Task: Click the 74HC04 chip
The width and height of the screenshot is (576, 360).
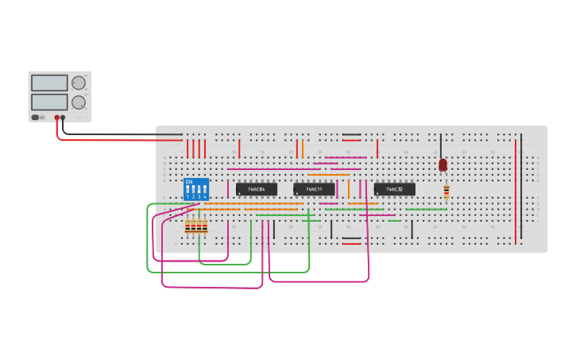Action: (257, 189)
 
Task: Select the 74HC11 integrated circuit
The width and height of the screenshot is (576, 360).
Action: (314, 189)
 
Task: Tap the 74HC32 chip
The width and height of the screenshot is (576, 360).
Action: (394, 189)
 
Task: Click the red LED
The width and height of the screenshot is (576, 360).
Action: (443, 165)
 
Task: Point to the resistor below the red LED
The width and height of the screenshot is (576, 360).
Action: (446, 192)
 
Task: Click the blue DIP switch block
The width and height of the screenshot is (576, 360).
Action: (196, 189)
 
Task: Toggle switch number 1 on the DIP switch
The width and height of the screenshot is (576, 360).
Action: (188, 192)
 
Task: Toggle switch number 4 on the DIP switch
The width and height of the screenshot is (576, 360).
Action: (205, 192)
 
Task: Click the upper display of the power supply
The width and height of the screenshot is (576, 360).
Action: (49, 83)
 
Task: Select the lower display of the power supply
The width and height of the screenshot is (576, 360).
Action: (49, 102)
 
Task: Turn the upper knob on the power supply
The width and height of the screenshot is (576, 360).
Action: (79, 83)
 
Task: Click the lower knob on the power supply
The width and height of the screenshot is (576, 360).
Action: (79, 103)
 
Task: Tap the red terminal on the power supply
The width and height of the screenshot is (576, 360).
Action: (57, 118)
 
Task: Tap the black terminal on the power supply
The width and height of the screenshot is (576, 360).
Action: (64, 118)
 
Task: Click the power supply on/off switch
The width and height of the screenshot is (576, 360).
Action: (36, 118)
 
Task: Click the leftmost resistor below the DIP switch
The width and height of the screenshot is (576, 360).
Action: (188, 227)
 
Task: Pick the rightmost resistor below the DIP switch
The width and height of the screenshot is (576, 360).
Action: (205, 227)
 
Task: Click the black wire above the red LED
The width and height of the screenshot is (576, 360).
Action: (441, 145)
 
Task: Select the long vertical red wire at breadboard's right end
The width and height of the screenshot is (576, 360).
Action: (516, 191)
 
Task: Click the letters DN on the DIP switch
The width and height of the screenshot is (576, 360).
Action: (189, 182)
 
